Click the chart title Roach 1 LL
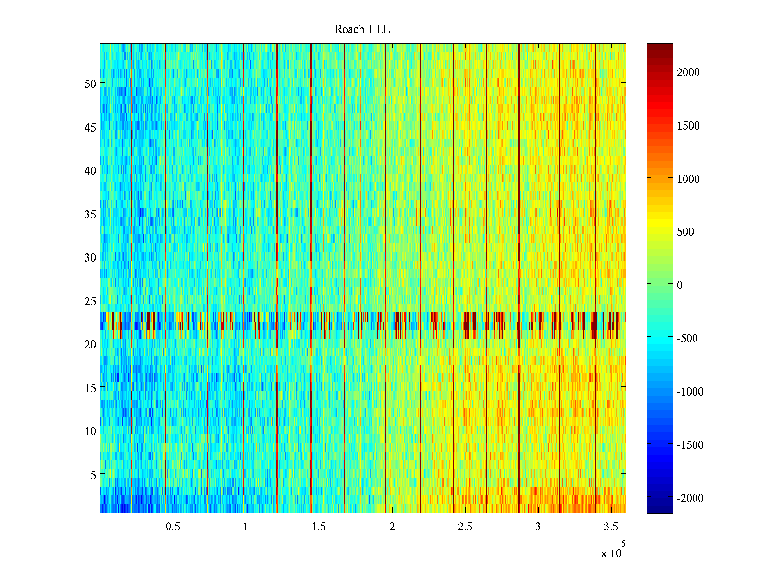tap(362, 30)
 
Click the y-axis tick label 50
tap(90, 84)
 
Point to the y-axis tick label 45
tap(90, 127)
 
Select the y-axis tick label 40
tap(90, 170)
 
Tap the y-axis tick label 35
tap(90, 214)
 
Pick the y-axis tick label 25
tap(90, 301)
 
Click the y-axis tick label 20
tap(90, 344)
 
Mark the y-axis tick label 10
tap(90, 431)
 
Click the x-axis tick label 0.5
tap(173, 527)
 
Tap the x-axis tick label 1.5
tap(319, 527)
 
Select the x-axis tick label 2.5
tap(465, 527)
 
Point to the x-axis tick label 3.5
tap(611, 527)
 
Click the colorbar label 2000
tap(688, 72)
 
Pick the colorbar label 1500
tap(688, 126)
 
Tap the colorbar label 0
tap(680, 285)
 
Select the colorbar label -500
tap(687, 338)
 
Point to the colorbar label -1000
tap(690, 392)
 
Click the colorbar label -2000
tap(690, 498)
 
